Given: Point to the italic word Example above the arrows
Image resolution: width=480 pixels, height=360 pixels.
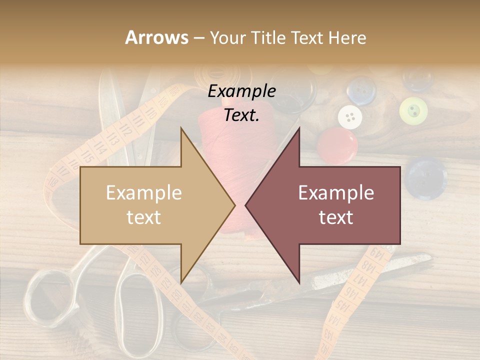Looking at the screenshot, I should [242, 91].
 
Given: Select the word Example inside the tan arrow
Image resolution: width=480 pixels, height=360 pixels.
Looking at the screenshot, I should [144, 192].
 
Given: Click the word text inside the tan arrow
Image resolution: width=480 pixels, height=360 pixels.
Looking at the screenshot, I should [144, 217].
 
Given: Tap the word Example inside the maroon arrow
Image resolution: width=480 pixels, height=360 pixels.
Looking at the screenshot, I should [336, 192].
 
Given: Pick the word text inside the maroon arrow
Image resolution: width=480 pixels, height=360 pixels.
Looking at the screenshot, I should [336, 217].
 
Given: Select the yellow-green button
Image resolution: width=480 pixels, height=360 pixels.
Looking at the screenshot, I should [413, 110].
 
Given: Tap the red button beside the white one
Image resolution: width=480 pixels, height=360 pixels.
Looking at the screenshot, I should [337, 145].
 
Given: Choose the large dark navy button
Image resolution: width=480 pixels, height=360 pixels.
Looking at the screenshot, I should [425, 176].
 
